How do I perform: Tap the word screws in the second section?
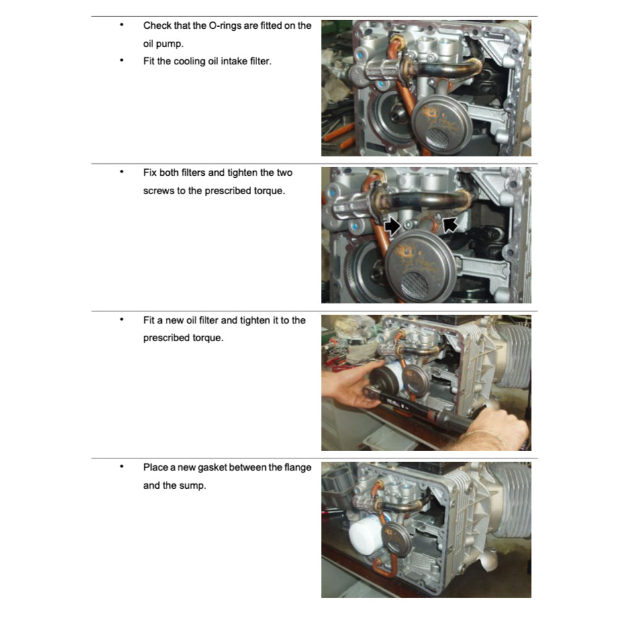tap(159, 191)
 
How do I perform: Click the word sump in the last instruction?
tap(193, 485)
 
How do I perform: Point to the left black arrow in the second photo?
tap(393, 226)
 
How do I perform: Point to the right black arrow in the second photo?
tap(450, 224)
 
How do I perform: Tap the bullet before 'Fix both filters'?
tap(122, 173)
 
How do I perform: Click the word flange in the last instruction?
tap(282, 467)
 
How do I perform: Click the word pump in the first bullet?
tap(165, 44)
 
